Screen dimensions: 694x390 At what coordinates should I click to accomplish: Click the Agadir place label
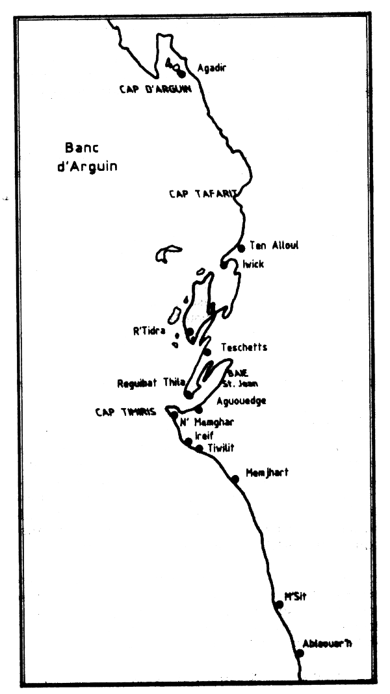tap(211, 67)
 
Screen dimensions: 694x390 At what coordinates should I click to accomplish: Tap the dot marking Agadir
tap(181, 73)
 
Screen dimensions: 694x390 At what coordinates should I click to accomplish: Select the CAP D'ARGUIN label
tap(155, 90)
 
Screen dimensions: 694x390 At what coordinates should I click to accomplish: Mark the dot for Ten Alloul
tap(241, 248)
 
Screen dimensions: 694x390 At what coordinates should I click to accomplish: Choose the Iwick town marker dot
tap(224, 264)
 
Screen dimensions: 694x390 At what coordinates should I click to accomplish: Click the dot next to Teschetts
tap(207, 352)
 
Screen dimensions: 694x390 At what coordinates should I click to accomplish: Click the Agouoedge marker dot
tap(199, 409)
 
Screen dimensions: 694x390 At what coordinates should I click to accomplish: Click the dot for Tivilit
tap(199, 448)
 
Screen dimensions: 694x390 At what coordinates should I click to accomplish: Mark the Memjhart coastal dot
tap(235, 479)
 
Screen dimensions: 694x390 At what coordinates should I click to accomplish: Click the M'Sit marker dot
tap(279, 604)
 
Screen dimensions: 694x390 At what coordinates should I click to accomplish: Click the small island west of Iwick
tap(167, 253)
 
